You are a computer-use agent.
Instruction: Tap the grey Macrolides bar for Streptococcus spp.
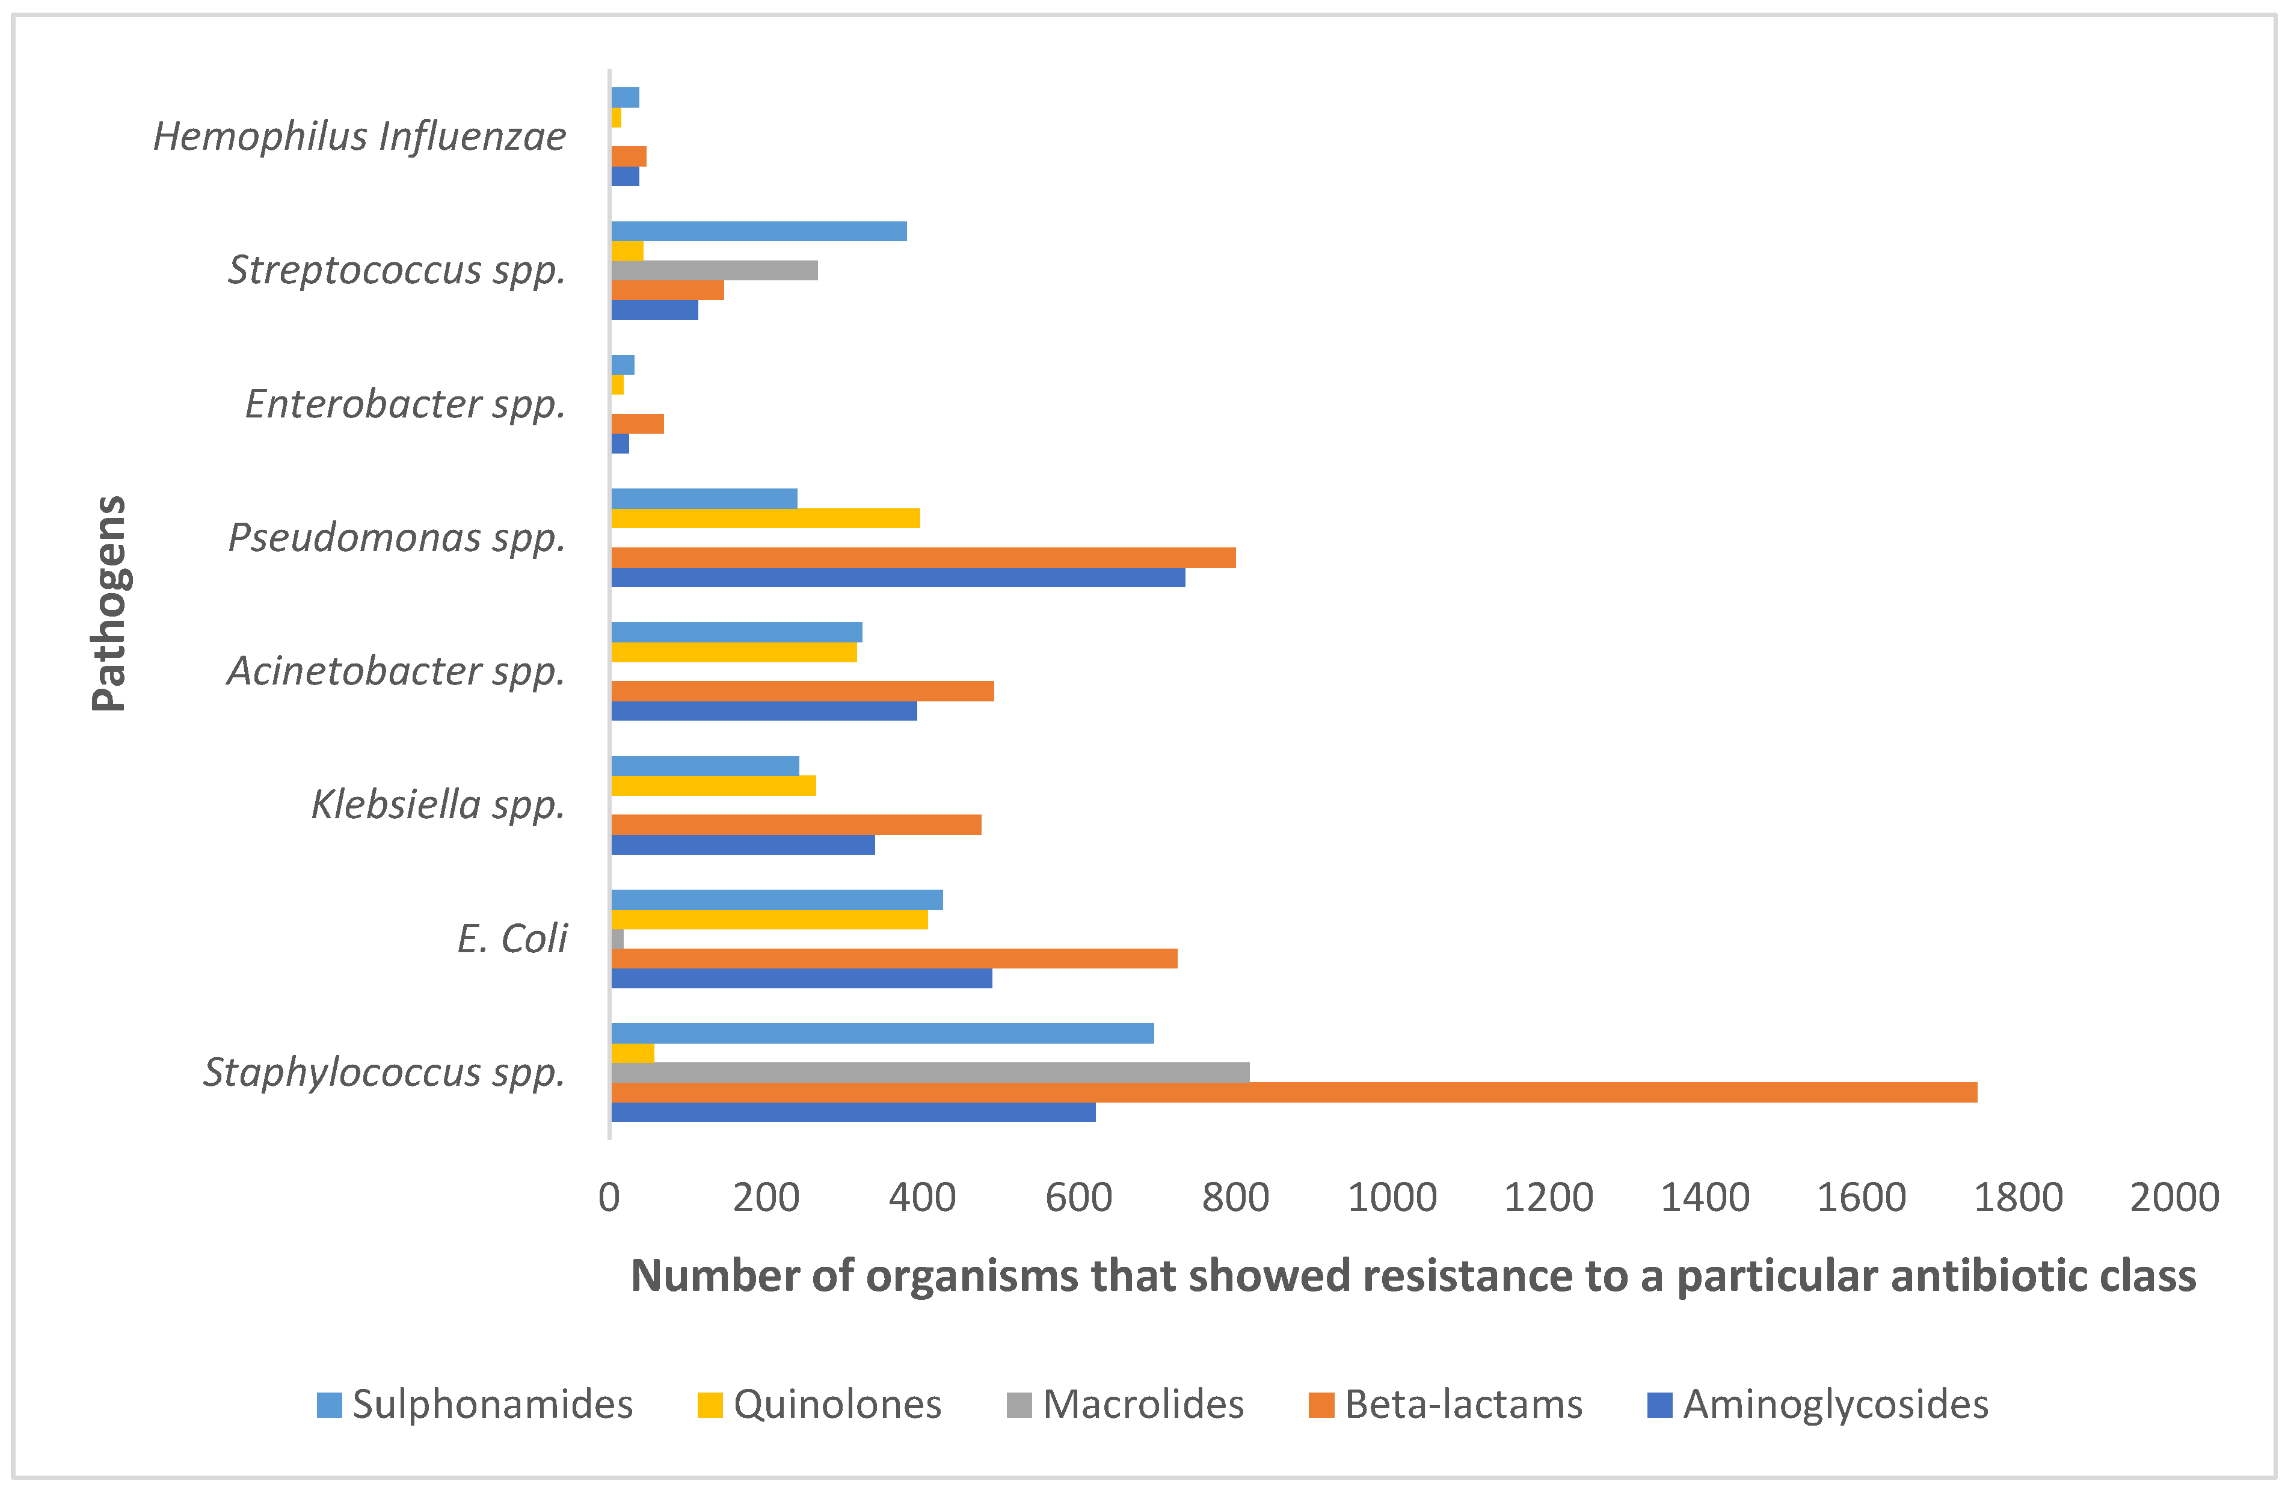[x=715, y=271]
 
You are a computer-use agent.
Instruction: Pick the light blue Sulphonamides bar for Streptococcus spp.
[x=758, y=231]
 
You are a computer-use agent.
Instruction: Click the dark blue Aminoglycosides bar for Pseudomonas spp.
[x=897, y=577]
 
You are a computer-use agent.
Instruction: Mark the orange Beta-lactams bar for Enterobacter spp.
[x=637, y=423]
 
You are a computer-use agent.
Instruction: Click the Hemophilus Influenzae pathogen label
[x=359, y=137]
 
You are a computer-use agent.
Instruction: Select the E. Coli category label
[x=512, y=938]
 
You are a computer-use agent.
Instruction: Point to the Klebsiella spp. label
[x=438, y=805]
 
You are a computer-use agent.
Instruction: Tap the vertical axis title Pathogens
[x=109, y=603]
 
